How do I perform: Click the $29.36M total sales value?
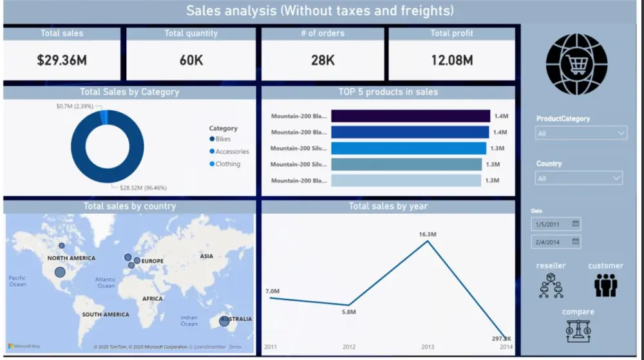point(61,61)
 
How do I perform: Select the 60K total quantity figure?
point(191,61)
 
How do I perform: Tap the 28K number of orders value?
point(323,61)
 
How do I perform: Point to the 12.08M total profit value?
point(451,61)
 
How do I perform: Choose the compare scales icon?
point(578,330)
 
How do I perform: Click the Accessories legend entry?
point(231,151)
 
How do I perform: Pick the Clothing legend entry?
point(227,164)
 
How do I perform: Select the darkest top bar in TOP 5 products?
point(410,116)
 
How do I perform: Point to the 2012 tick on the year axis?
point(348,347)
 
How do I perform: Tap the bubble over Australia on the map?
point(224,320)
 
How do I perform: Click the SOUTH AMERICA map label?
point(106,315)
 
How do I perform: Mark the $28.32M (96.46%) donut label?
point(143,188)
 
